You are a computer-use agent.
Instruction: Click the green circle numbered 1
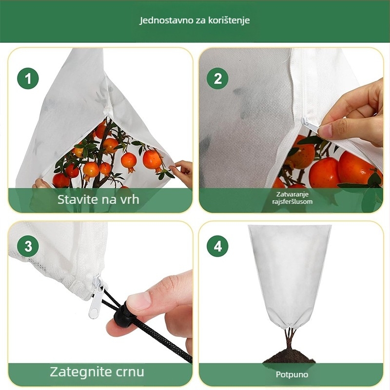(28, 78)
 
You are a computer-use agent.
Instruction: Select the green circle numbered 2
(217, 78)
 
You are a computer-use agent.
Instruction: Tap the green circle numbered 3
(28, 246)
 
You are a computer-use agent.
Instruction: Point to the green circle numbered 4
(217, 246)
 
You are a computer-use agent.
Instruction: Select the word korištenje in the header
(229, 20)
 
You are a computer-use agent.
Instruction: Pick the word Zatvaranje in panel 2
(292, 194)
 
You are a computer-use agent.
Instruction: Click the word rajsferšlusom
(292, 201)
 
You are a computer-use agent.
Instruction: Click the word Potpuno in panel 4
(292, 374)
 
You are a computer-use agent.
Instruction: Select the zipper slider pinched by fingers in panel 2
(308, 124)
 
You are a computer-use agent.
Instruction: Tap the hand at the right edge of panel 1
(182, 173)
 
